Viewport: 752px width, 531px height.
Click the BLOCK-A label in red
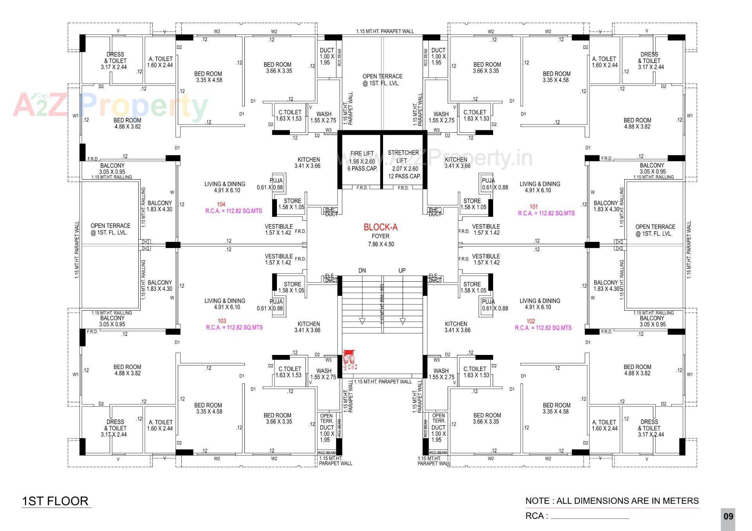(380, 227)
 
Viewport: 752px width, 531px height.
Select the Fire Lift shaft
(362, 161)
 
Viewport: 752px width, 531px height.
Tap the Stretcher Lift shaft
(404, 164)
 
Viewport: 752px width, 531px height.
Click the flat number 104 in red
(221, 204)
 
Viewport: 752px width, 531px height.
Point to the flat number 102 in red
(531, 321)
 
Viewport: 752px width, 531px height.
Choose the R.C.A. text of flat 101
(546, 213)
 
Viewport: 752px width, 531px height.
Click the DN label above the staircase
(362, 270)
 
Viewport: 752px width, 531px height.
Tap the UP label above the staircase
(402, 270)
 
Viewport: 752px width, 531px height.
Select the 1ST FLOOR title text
(55, 501)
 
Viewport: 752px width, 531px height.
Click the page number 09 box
(728, 517)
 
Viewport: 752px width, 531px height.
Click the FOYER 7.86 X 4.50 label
(380, 240)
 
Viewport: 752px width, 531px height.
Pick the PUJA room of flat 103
(276, 305)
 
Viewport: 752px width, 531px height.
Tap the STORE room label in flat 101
(473, 204)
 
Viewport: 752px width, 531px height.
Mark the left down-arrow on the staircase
(362, 321)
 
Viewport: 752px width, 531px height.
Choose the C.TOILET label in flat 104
(289, 115)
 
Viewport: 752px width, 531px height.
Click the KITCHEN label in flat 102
(456, 327)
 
